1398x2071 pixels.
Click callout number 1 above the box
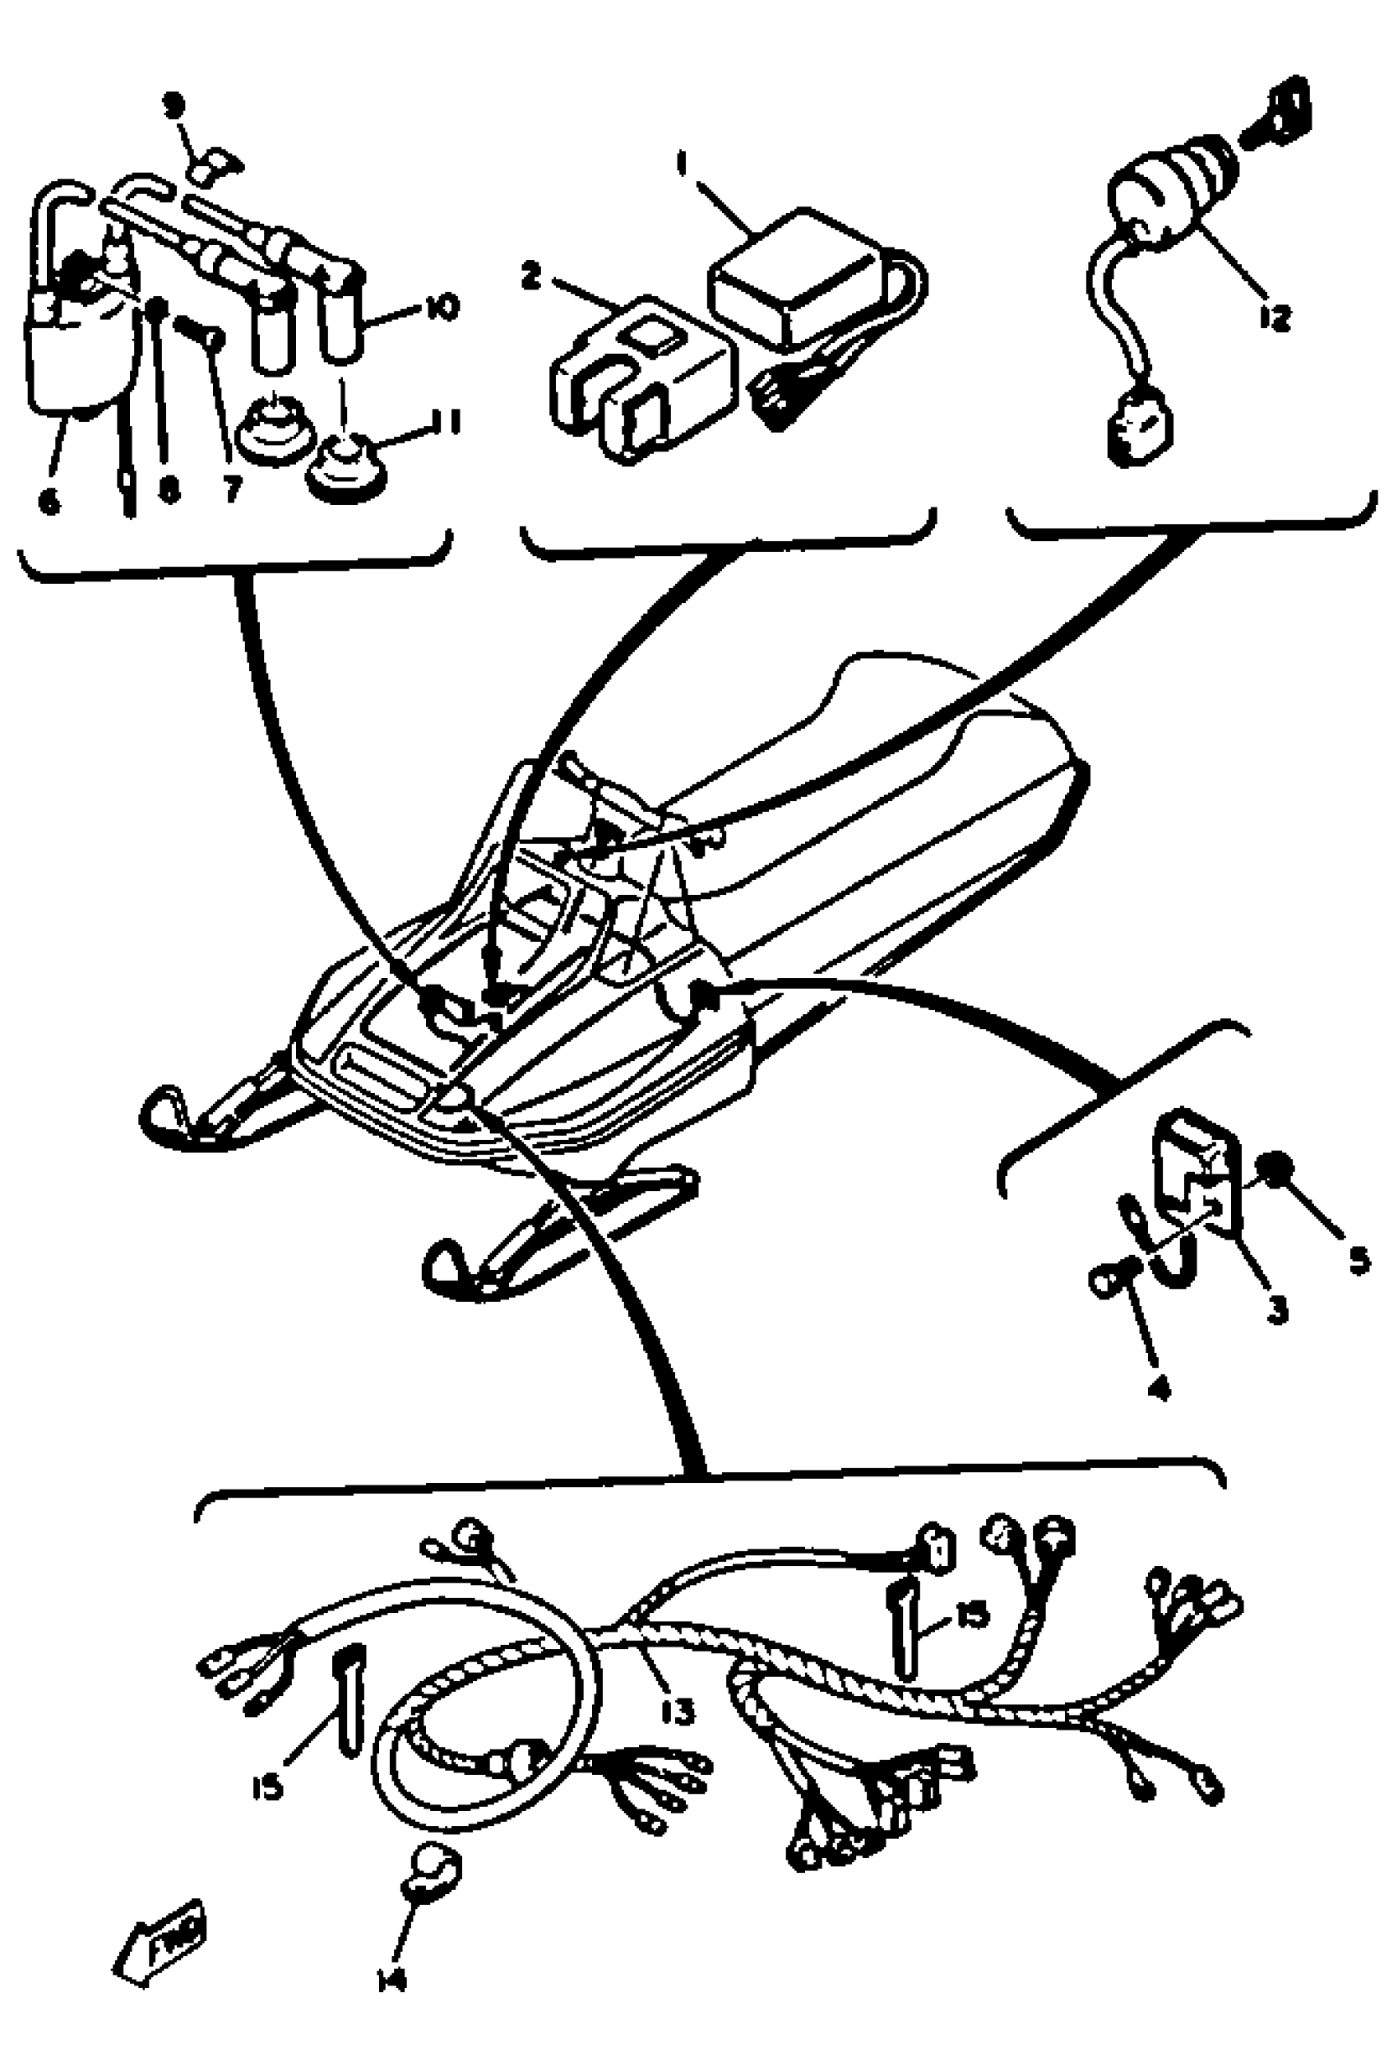point(683,164)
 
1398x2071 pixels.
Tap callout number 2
point(531,276)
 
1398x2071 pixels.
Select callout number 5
point(1359,1260)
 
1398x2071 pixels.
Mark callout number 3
point(1278,1309)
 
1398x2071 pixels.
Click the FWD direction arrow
point(161,1936)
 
